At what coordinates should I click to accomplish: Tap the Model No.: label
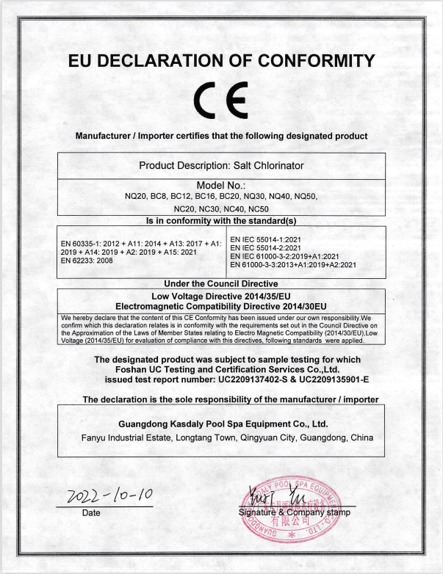point(221,184)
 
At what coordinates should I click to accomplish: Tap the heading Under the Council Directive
point(221,283)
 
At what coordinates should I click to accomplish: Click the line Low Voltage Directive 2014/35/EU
point(221,295)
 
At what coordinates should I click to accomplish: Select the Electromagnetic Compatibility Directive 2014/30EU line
point(221,305)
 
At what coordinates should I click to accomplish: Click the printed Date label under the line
point(91,512)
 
